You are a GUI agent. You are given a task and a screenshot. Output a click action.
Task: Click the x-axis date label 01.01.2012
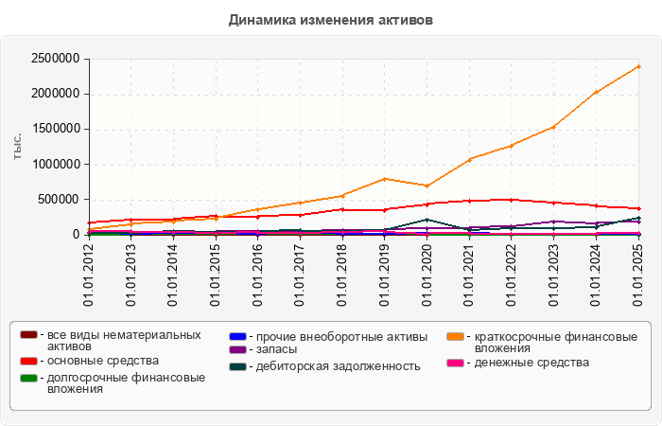pyautogui.click(x=89, y=275)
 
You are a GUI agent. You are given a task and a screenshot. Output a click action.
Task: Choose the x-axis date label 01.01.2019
pyautogui.click(x=385, y=275)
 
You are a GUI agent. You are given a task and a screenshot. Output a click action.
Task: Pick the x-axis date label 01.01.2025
pyautogui.click(x=638, y=275)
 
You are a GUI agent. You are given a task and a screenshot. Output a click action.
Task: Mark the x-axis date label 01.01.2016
pyautogui.click(x=258, y=275)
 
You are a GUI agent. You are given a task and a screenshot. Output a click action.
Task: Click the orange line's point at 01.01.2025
pyautogui.click(x=638, y=66)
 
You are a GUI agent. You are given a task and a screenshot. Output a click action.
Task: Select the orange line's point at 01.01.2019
pyautogui.click(x=385, y=178)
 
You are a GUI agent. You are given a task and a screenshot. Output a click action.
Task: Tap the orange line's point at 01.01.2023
pyautogui.click(x=554, y=126)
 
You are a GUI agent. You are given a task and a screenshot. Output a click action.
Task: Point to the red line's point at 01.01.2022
pyautogui.click(x=512, y=199)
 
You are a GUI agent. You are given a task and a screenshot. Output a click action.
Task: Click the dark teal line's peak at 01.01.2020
pyautogui.click(x=427, y=220)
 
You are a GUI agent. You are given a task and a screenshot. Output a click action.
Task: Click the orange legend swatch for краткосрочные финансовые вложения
pyautogui.click(x=454, y=337)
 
